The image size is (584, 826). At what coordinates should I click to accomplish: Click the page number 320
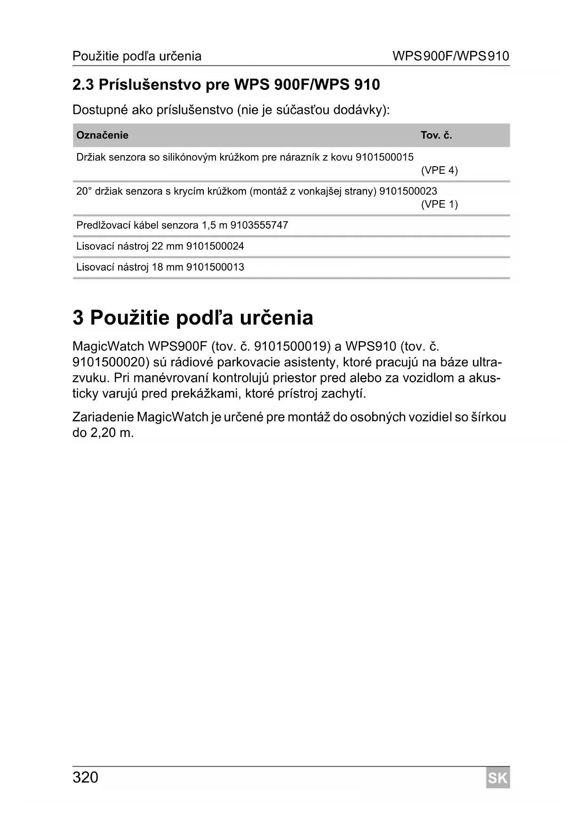pos(85,777)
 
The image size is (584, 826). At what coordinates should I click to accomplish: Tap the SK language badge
pos(498,778)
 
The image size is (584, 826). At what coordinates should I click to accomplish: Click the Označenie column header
pos(102,136)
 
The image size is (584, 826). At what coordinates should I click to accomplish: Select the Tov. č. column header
pos(436,136)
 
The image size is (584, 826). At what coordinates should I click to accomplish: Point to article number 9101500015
pos(384,157)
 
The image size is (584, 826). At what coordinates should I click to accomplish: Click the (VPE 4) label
pos(439,170)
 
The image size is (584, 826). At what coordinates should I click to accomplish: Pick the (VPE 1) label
pos(439,204)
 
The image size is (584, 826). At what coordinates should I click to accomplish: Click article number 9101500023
pos(408,191)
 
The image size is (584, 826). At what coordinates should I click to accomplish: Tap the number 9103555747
pos(259,225)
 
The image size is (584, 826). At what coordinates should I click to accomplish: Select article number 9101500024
pos(215,246)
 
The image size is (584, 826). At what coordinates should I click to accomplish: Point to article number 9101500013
pos(215,267)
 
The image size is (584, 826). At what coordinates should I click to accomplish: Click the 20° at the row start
pos(83,191)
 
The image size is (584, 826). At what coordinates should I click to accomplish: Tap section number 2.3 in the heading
pos(83,85)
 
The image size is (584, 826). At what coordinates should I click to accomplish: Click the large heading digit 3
pos(79,318)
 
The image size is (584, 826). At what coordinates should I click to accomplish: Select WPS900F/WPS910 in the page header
pos(451,57)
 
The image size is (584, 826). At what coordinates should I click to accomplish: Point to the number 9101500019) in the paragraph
pos(290,347)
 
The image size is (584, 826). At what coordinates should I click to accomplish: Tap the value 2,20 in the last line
pos(103,433)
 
